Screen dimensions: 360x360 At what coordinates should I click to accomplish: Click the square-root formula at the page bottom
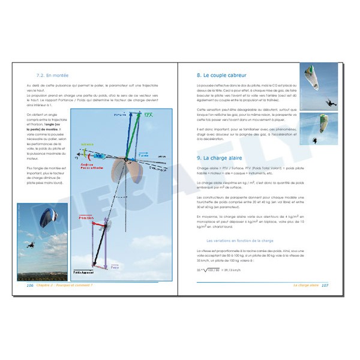pyautogui.click(x=226, y=269)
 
